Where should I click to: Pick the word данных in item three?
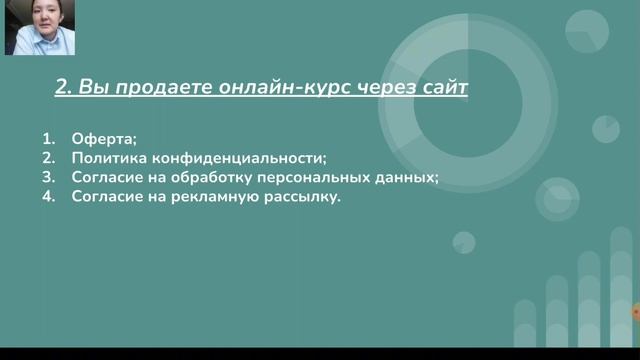pyautogui.click(x=410, y=178)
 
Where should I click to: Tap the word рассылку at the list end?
pyautogui.click(x=300, y=198)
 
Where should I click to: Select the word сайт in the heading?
pyautogui.click(x=441, y=88)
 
